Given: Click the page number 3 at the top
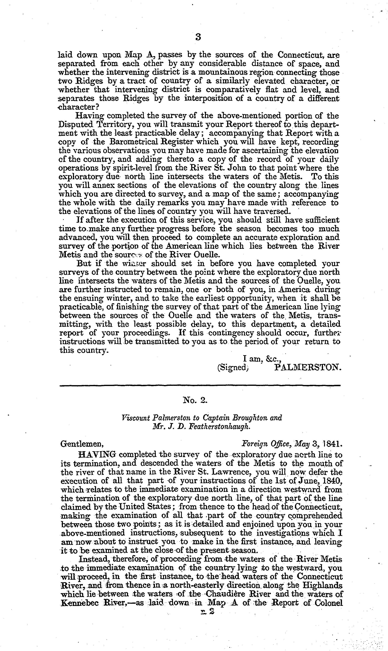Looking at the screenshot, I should click(198, 37).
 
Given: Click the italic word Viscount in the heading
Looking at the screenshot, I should click(135, 417).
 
